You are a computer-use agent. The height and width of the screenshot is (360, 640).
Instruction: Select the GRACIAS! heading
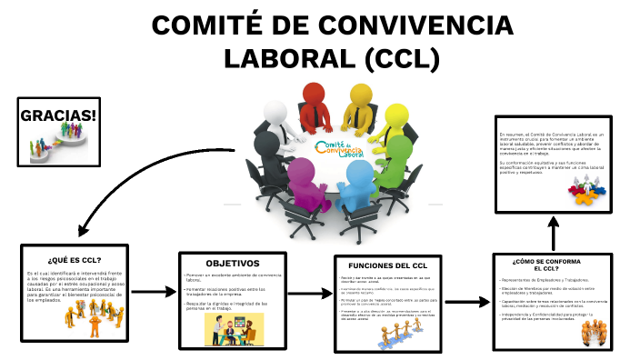tap(58, 116)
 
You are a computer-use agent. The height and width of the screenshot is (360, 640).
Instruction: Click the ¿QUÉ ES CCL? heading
tap(74, 259)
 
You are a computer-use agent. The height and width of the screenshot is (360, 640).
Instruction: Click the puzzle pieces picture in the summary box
tap(585, 189)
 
